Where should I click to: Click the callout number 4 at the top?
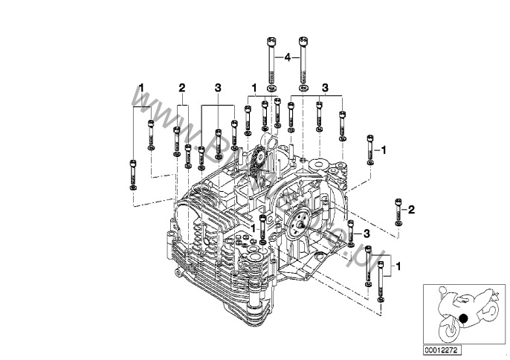coord(286,56)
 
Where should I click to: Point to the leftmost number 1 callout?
coord(141,88)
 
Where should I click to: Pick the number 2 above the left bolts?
coord(181,88)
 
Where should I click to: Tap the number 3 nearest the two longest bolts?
coord(325,88)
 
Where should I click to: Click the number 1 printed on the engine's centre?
coord(253,228)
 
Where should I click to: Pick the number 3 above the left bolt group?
coord(218,88)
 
